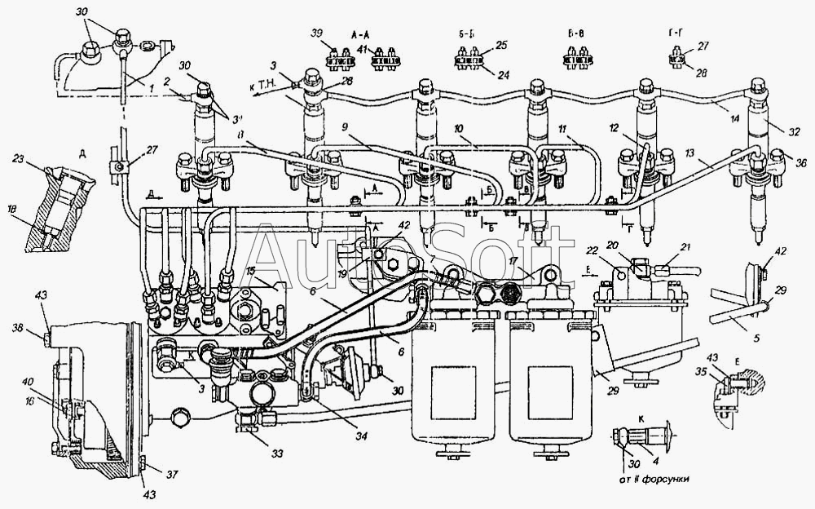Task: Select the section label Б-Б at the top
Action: pos(467,37)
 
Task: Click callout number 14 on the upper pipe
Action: pos(735,120)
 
